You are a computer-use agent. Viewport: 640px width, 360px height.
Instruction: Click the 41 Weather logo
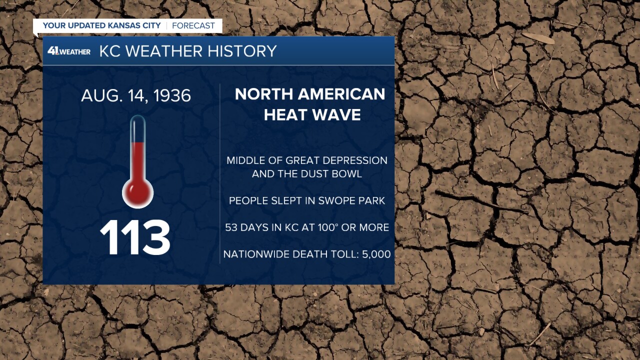pos(69,51)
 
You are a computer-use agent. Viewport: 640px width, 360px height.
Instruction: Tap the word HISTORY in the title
pos(242,51)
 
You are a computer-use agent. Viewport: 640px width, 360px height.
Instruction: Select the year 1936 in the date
pos(172,95)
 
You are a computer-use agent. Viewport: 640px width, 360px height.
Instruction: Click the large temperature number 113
pos(135,237)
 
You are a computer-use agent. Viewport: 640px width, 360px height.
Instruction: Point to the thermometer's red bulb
pos(137,193)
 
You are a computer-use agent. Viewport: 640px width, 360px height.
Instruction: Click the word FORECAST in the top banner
pos(193,25)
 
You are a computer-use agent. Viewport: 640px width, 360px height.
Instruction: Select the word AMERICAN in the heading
pos(341,94)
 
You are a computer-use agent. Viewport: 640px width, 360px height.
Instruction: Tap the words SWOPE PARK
pos(351,201)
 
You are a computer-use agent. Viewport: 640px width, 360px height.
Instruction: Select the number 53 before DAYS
pos(231,227)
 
